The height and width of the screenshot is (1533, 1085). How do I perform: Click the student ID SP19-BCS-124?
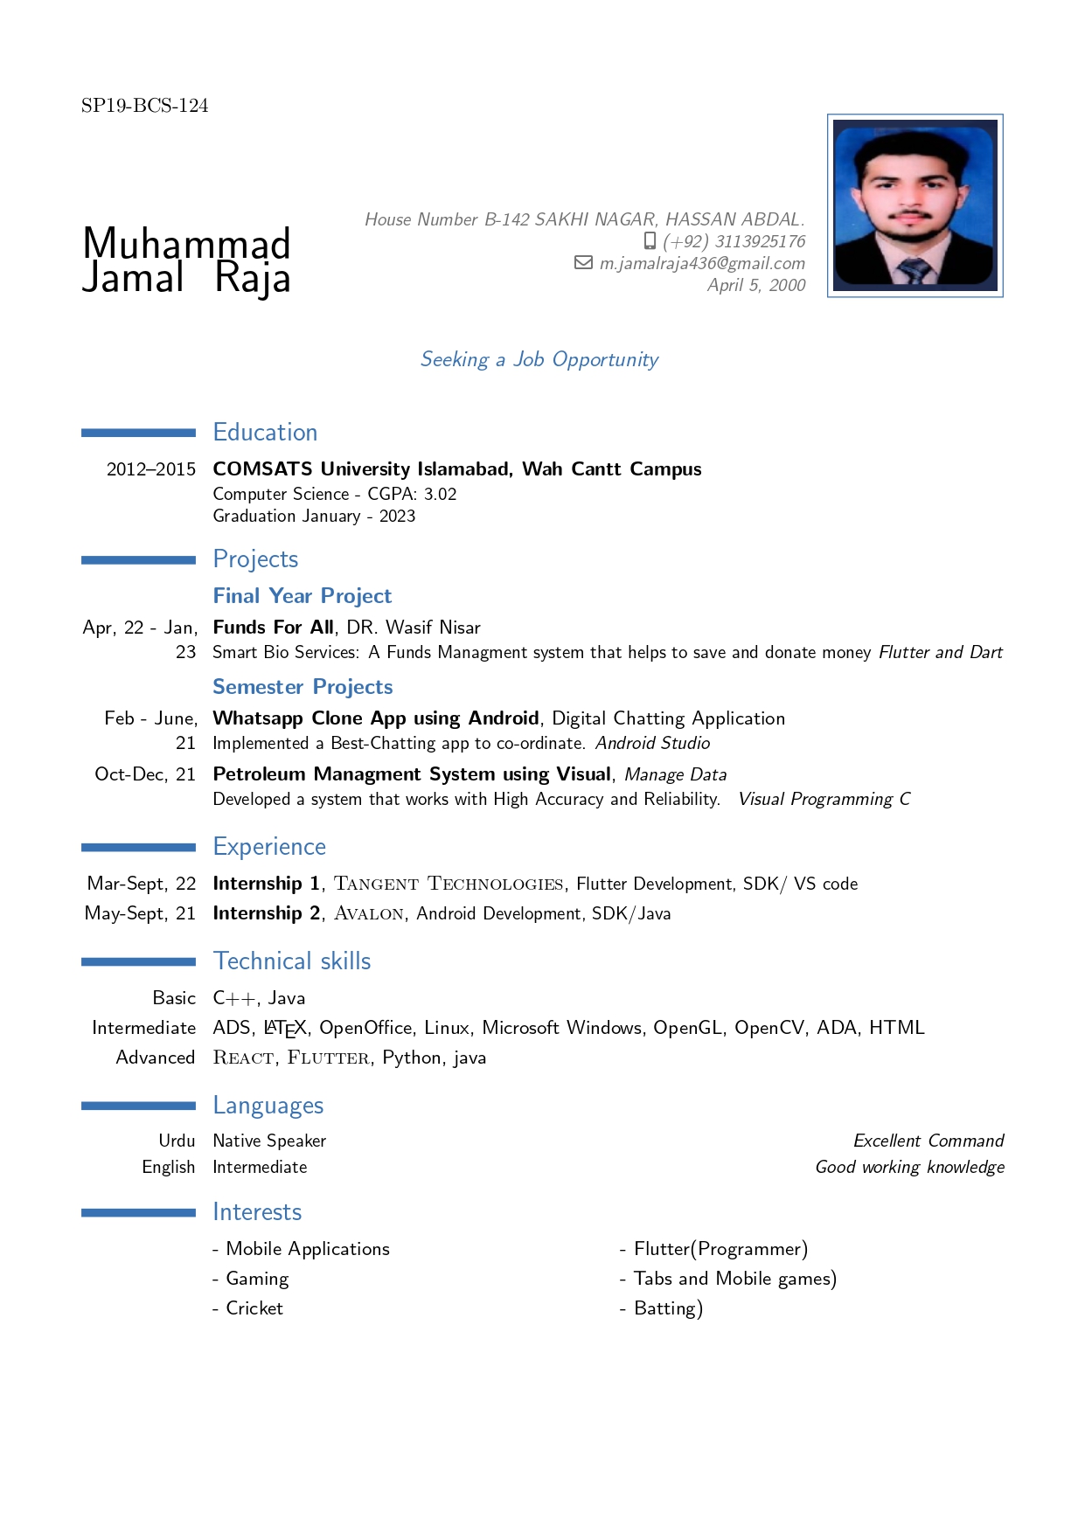[x=144, y=106]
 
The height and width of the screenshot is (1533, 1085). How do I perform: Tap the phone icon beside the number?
[x=650, y=240]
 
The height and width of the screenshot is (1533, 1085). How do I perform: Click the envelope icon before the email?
[x=583, y=262]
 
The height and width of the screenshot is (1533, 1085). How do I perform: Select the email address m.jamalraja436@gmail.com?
[x=702, y=263]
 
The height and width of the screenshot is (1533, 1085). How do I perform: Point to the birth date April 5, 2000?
[x=756, y=285]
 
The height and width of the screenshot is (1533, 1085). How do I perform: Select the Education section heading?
[x=265, y=433]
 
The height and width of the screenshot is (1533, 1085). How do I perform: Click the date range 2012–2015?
[x=151, y=469]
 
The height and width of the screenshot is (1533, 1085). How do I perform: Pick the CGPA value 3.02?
[x=441, y=494]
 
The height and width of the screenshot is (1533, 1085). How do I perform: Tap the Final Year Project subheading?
[x=303, y=596]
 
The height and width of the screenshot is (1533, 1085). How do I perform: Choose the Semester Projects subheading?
[x=303, y=687]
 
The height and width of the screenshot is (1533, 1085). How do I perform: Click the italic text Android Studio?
[x=653, y=743]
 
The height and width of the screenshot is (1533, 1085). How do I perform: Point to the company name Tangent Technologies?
[x=449, y=884]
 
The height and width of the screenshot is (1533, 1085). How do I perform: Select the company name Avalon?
[x=369, y=913]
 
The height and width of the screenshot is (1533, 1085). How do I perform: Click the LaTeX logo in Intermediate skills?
[x=285, y=1029]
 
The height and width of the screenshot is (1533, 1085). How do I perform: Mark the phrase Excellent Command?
[x=929, y=1141]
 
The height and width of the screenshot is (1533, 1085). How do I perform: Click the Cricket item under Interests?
[x=254, y=1308]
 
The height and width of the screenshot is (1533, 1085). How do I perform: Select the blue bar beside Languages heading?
[x=138, y=1106]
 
